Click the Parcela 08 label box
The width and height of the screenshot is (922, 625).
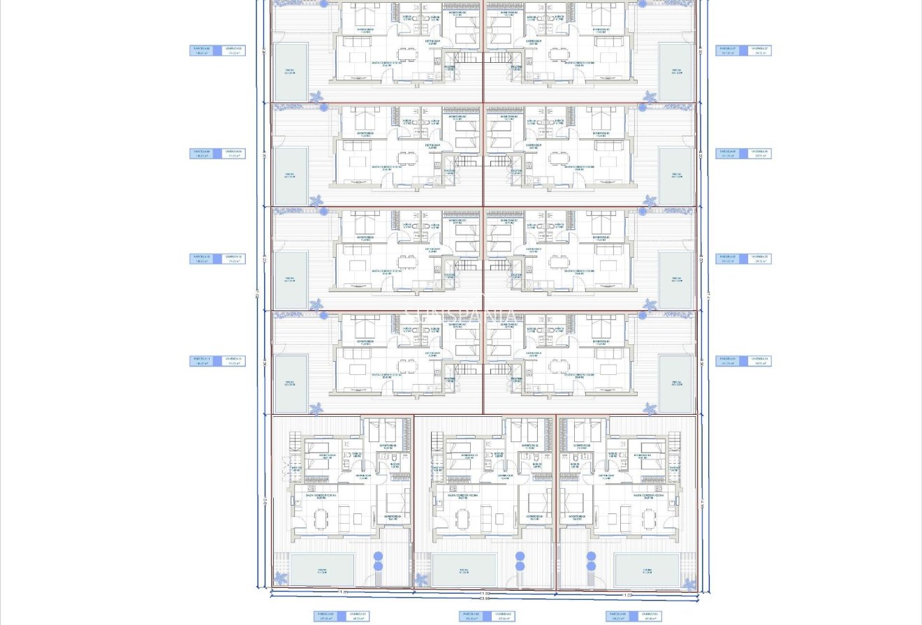(202, 50)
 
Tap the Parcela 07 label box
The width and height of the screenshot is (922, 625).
(729, 50)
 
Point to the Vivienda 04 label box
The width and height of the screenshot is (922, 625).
(759, 361)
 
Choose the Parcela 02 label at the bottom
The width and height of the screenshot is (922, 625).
(472, 616)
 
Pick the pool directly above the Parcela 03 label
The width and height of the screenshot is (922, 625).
(647, 570)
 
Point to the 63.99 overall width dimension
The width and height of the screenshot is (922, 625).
(483, 598)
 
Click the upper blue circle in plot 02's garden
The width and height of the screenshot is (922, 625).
(520, 557)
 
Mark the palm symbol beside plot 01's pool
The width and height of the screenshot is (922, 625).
(280, 578)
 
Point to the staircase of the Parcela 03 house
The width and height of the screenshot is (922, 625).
(674, 442)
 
